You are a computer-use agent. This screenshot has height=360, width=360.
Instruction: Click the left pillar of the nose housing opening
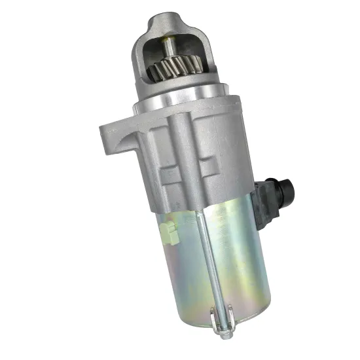tap(143, 59)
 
